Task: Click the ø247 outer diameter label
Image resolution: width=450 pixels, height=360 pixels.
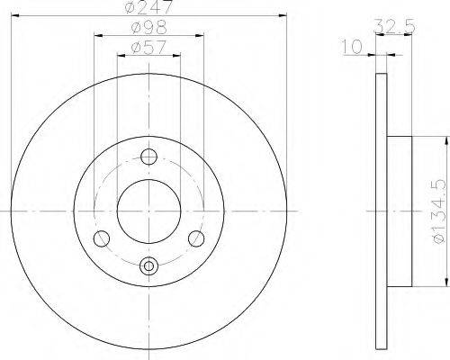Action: coord(149,6)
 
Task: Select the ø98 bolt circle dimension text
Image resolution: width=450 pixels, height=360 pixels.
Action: coord(149,27)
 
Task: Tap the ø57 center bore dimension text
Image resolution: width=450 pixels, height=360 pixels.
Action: coord(148,47)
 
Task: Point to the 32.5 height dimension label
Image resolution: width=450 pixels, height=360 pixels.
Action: coord(395,26)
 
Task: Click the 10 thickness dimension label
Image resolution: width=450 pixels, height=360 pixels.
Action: coord(352,48)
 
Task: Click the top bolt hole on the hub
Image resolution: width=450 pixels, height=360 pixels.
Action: coord(148,157)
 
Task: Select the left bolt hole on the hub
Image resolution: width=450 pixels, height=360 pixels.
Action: coord(102,238)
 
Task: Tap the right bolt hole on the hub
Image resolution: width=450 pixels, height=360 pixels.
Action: coord(196,238)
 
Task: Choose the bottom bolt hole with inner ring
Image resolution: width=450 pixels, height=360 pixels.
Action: coord(148,265)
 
